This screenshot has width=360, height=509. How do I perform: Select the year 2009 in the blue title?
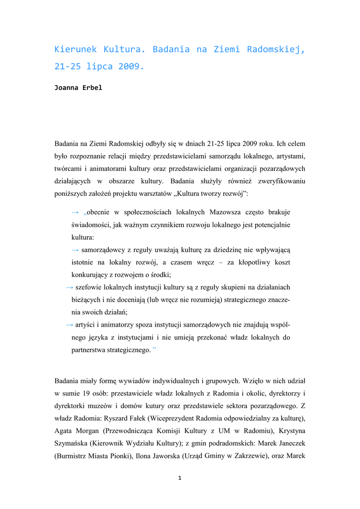(x=130, y=66)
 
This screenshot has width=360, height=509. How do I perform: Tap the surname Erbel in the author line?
(x=92, y=88)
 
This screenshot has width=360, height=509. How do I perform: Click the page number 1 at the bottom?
(x=180, y=478)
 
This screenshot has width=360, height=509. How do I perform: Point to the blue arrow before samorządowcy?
(x=76, y=250)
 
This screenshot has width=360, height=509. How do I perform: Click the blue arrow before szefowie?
(x=70, y=287)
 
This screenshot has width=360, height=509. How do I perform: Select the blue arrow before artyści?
(x=70, y=325)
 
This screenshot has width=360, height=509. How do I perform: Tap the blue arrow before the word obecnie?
(x=76, y=212)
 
